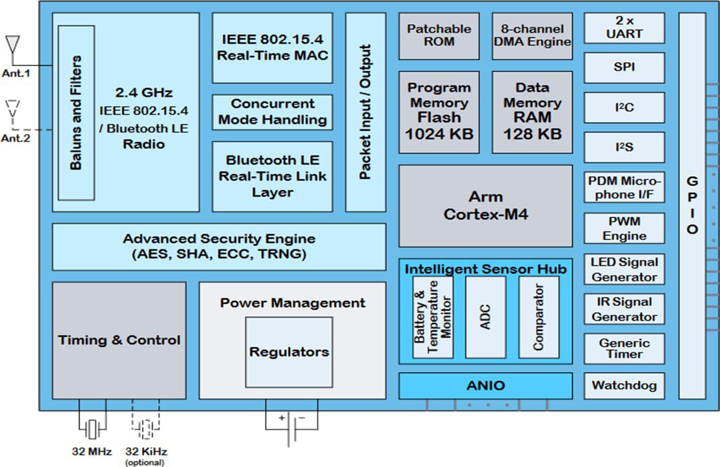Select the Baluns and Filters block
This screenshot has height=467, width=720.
point(75,112)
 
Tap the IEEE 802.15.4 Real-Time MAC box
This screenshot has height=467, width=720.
point(272,48)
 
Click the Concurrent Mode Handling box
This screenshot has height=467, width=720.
point(272,112)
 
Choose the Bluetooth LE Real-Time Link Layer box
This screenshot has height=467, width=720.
point(272,176)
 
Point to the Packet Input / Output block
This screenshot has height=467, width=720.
point(365,112)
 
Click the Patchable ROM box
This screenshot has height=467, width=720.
point(439,35)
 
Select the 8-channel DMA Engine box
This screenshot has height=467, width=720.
point(532,35)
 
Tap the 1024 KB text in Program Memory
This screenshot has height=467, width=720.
point(439,133)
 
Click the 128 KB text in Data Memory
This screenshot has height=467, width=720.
point(532,133)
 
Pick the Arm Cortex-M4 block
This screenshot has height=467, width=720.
point(485,205)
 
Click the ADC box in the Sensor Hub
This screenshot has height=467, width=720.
point(485,317)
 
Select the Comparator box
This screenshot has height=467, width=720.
point(539,317)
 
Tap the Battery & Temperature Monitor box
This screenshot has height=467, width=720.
point(432,317)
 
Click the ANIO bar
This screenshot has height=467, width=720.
point(485,386)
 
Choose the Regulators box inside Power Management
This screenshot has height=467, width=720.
point(289,352)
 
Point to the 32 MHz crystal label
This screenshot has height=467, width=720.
point(91,451)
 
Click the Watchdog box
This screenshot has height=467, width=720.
point(624,386)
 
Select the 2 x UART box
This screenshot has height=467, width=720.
point(624,28)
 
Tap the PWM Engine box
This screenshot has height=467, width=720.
point(624,228)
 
